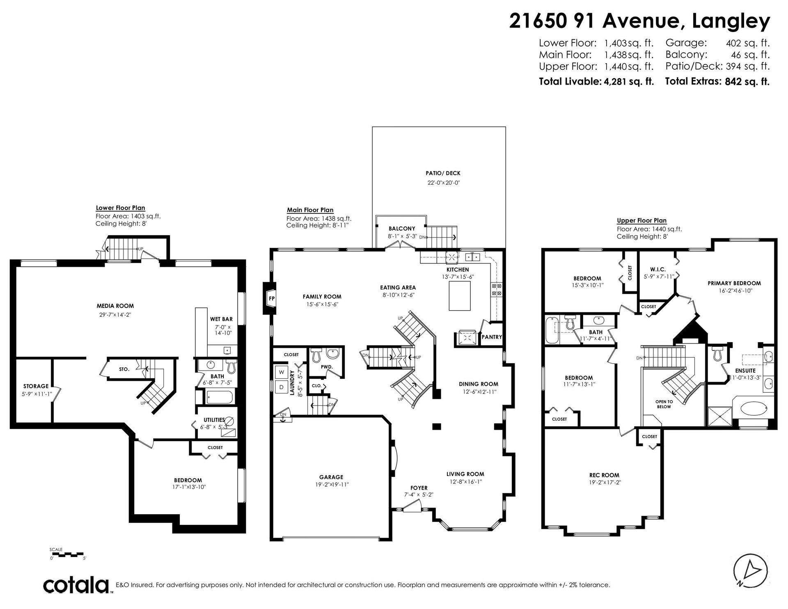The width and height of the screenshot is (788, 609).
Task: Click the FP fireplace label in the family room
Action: tap(271, 298)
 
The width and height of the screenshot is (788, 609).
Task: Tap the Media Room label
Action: tap(115, 306)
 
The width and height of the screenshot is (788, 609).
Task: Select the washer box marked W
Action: tap(282, 372)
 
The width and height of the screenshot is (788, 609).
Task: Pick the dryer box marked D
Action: tap(282, 387)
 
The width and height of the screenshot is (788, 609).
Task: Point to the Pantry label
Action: tap(492, 337)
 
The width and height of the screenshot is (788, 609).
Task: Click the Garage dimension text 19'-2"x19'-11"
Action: tap(331, 484)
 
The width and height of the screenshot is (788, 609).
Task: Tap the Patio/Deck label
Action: tap(440, 173)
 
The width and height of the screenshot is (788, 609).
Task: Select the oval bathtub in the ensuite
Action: tap(754, 408)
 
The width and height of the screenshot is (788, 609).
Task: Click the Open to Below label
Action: tap(664, 404)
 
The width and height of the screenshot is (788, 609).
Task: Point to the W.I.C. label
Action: tap(657, 270)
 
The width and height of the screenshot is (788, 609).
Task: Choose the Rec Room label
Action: tap(604, 475)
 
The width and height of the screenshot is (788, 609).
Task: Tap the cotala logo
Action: tap(76, 585)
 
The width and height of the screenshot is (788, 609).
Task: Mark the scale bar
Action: tap(67, 554)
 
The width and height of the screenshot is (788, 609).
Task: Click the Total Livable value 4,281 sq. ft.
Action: tap(628, 81)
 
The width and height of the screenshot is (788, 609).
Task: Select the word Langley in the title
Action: tap(731, 21)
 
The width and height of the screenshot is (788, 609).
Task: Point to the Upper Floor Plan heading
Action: tap(642, 220)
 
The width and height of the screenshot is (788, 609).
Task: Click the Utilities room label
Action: tap(214, 420)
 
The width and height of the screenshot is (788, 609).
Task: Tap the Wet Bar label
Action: tap(221, 319)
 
